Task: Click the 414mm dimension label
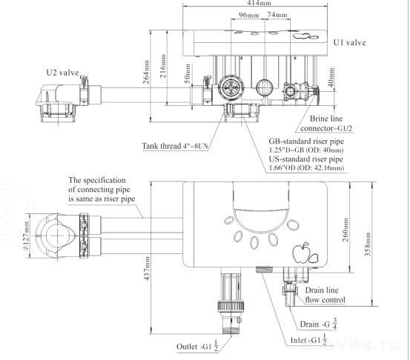point(259,3)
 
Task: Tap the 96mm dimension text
point(248,15)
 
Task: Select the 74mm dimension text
point(277,15)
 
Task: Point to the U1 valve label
point(350,42)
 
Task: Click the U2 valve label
point(62,73)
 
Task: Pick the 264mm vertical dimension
point(147,72)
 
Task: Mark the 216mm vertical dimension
point(162,67)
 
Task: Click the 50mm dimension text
point(188,73)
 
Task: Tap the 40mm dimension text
point(331,77)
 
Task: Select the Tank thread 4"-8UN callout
point(175,146)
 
